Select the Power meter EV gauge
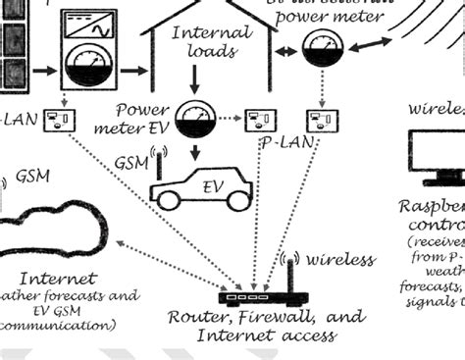click(x=195, y=120)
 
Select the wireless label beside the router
click(x=340, y=260)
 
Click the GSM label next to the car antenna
click(x=131, y=161)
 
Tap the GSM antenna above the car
click(x=157, y=162)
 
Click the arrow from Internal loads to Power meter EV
click(x=193, y=78)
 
